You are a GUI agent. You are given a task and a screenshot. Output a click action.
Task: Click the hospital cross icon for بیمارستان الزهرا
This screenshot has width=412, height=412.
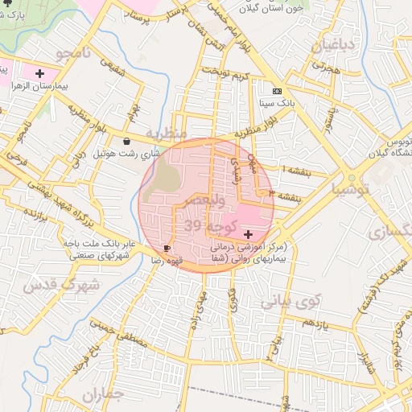point(39,73)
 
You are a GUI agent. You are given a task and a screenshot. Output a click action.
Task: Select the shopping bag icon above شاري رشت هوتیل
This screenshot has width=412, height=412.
point(127,141)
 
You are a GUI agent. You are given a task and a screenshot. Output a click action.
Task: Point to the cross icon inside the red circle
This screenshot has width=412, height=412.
point(246,233)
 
